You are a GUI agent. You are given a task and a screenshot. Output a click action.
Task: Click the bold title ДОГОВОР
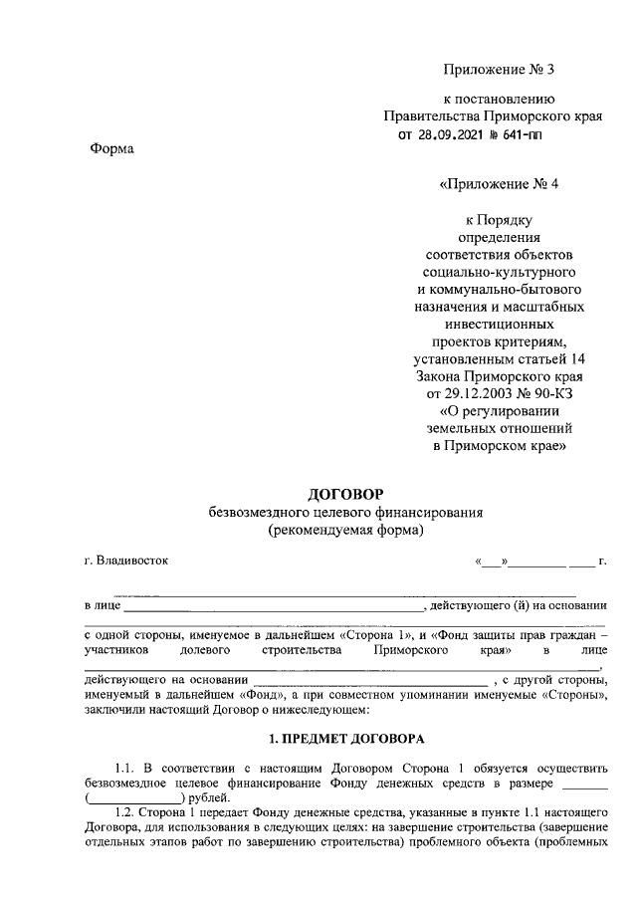345,494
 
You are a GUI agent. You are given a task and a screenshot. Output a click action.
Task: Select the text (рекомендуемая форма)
345,530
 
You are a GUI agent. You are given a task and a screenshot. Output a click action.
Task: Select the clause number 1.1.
124,768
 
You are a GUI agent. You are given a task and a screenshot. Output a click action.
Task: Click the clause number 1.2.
124,812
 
